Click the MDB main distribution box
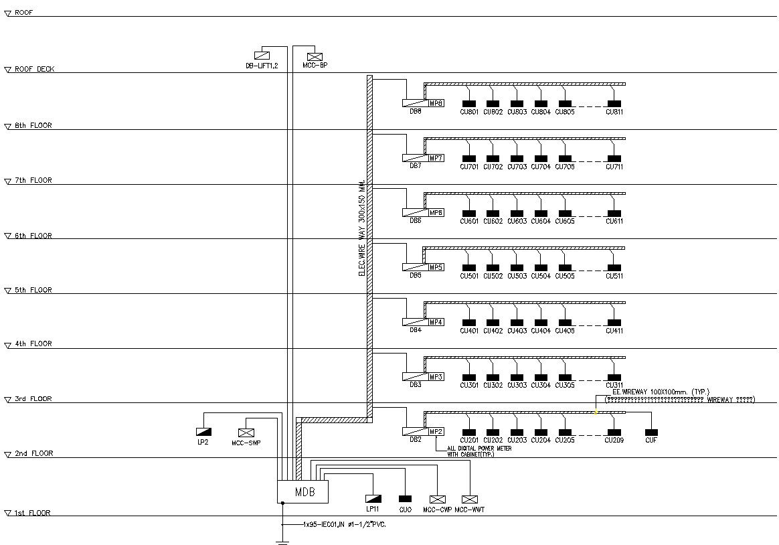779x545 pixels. (302, 491)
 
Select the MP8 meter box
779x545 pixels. (436, 103)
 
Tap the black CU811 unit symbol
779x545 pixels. (614, 104)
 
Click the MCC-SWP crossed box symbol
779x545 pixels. (246, 433)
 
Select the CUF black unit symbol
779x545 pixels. (651, 433)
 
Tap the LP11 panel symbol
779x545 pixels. (373, 499)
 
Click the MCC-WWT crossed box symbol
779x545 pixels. (470, 499)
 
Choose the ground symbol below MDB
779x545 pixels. (282, 541)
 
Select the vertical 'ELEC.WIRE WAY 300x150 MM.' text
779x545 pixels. (362, 228)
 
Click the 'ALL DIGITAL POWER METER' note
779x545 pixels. (479, 449)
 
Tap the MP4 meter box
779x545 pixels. (436, 322)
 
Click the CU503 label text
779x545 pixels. (517, 276)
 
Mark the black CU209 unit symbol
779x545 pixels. (614, 433)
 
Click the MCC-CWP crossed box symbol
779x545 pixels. (438, 499)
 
